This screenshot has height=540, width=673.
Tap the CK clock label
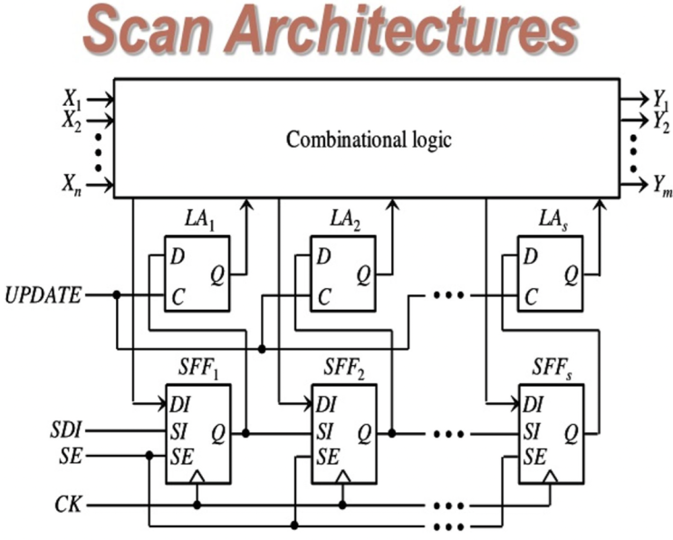(x=70, y=503)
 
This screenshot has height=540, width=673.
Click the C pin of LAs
(x=532, y=295)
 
